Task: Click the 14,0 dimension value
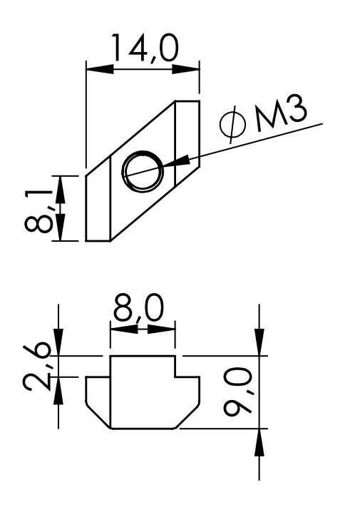pyautogui.click(x=145, y=48)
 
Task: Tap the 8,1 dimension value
pyautogui.click(x=38, y=211)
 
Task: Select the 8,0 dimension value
pyautogui.click(x=138, y=307)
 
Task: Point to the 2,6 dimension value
pyautogui.click(x=37, y=368)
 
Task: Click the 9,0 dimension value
pyautogui.click(x=238, y=392)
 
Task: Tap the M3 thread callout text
pyautogui.click(x=281, y=113)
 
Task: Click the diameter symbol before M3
pyautogui.click(x=233, y=123)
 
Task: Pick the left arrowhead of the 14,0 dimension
pyautogui.click(x=100, y=70)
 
